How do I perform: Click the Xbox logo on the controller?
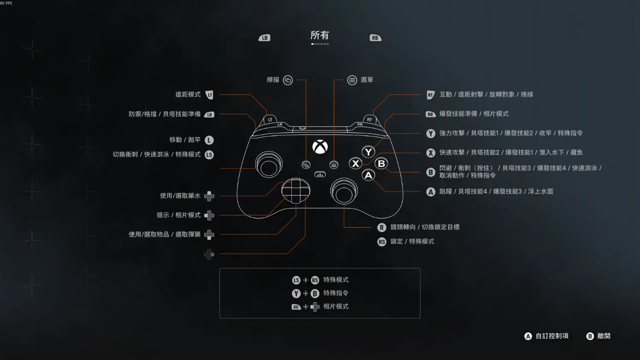[x=320, y=147]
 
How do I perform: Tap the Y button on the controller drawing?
[x=368, y=152]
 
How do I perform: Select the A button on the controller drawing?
[x=368, y=175]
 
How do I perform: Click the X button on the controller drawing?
[x=355, y=163]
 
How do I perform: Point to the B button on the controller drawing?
[x=381, y=163]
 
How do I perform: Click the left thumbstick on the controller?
[x=268, y=165]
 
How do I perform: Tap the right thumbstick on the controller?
[x=344, y=191]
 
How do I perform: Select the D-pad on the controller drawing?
[x=296, y=191]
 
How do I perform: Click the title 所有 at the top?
[x=320, y=35]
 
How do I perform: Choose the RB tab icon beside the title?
[x=375, y=38]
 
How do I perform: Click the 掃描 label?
[x=273, y=80]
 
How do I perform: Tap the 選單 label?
[x=367, y=80]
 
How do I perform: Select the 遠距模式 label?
[x=188, y=94]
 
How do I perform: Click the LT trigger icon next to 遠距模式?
[x=209, y=95]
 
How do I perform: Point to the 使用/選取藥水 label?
[x=180, y=196]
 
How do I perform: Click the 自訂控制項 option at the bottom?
[x=552, y=336]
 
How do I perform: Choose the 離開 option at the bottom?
[x=604, y=336]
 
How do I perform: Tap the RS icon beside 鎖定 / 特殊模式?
[x=382, y=242]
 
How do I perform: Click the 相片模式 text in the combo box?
[x=336, y=307]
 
